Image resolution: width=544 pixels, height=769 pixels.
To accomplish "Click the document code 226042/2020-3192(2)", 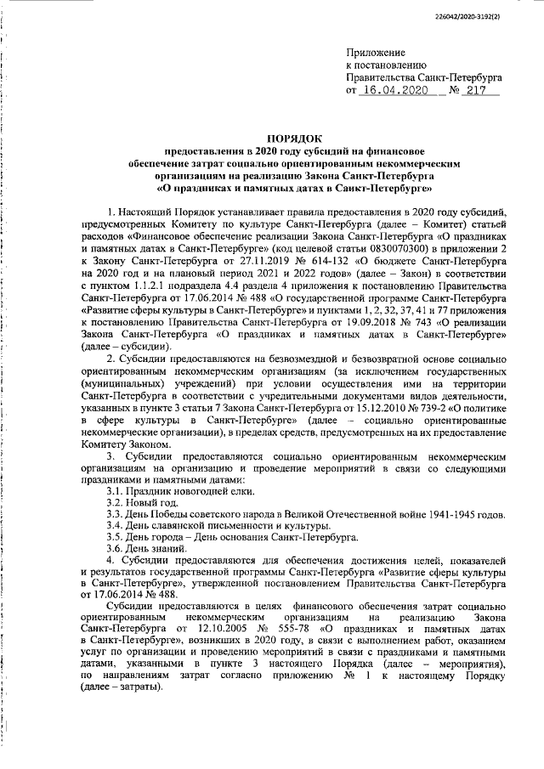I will [x=491, y=16].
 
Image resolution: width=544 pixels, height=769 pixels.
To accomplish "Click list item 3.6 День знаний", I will [x=147, y=551].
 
